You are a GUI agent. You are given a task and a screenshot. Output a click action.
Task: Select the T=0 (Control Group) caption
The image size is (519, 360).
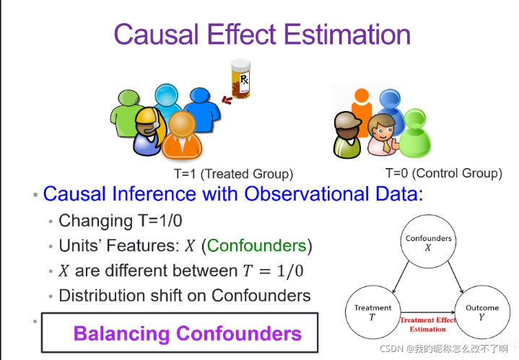(x=443, y=173)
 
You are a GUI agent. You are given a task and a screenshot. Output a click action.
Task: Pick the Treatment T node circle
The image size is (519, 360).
(x=372, y=312)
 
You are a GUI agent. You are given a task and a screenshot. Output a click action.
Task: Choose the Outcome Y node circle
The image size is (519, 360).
(x=481, y=312)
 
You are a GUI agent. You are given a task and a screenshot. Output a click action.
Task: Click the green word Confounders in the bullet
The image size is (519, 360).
(x=256, y=245)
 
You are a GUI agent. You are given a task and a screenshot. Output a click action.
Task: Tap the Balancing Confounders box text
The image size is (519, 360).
(x=187, y=333)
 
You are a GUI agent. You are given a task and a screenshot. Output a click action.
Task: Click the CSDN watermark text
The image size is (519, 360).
(x=444, y=348)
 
